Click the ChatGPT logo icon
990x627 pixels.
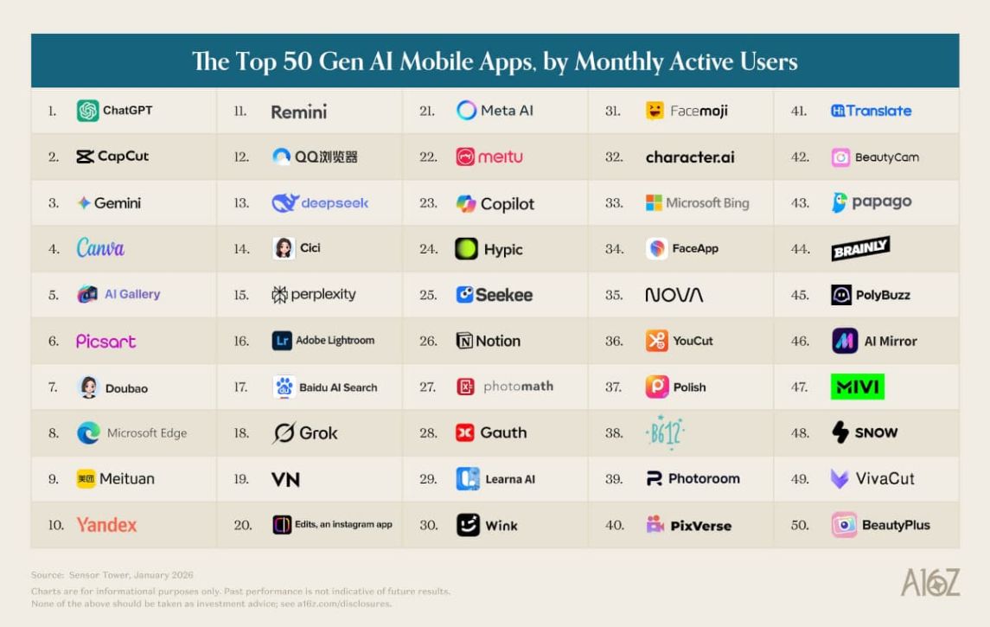(x=87, y=111)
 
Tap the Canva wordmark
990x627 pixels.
(x=100, y=248)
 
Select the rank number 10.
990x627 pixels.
(x=56, y=525)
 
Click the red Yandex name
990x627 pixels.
(x=106, y=525)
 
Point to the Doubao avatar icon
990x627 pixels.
(x=88, y=387)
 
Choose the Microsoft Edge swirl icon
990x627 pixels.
(x=88, y=433)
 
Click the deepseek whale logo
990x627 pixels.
(x=284, y=203)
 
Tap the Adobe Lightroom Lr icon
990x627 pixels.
(x=282, y=341)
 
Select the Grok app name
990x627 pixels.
(x=318, y=433)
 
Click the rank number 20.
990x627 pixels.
(x=243, y=525)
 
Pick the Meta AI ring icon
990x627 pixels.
(x=467, y=111)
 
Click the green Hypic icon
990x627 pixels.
(x=467, y=249)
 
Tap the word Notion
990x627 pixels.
(x=498, y=341)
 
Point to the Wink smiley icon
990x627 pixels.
(x=468, y=525)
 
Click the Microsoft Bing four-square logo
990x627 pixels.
(x=655, y=203)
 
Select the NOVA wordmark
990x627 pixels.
(x=674, y=295)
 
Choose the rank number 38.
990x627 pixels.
(x=614, y=433)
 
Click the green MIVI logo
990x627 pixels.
(x=857, y=387)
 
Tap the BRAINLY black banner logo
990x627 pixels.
(x=860, y=249)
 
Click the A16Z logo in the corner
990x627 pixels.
(x=929, y=582)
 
